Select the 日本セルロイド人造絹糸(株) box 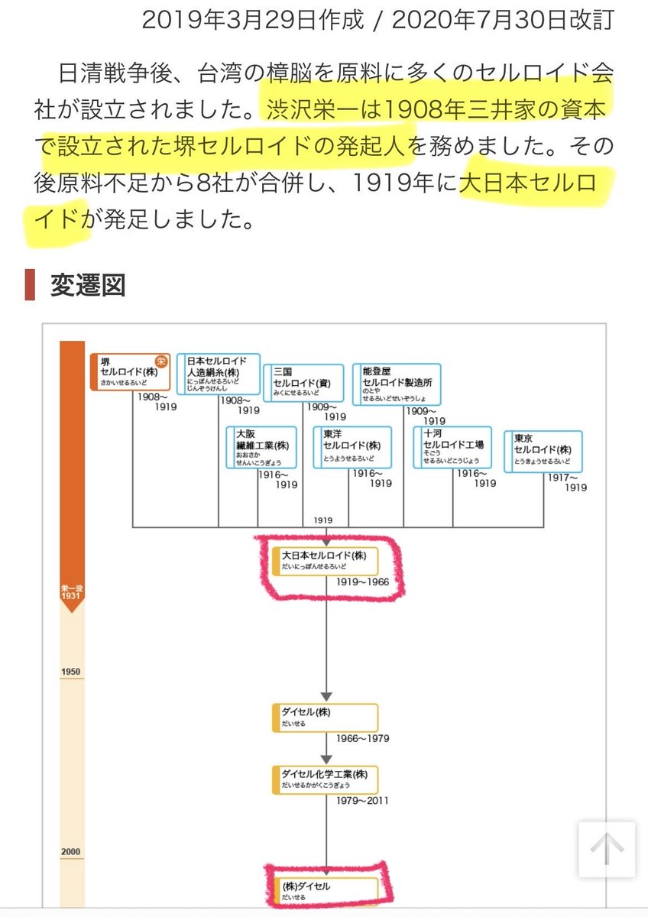(x=219, y=374)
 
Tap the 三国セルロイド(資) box (x=303, y=382)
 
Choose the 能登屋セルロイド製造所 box (x=396, y=384)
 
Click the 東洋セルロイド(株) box (x=352, y=447)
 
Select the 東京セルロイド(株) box (x=543, y=451)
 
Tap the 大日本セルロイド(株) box (x=326, y=561)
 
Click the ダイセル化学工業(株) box (x=326, y=780)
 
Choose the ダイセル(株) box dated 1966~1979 (x=326, y=717)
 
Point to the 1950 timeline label (x=71, y=672)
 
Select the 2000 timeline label (x=71, y=852)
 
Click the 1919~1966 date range (x=362, y=582)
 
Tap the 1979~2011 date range (x=362, y=802)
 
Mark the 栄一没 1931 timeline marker (x=72, y=592)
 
